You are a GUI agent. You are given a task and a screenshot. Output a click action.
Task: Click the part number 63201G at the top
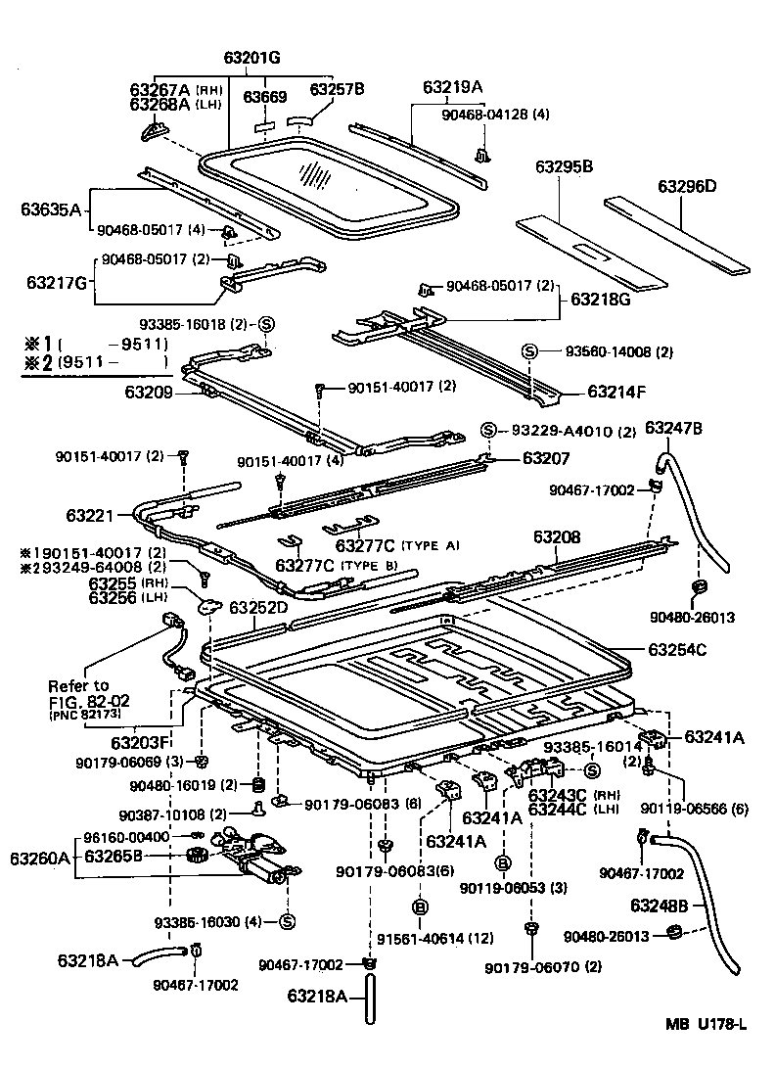pyautogui.click(x=252, y=58)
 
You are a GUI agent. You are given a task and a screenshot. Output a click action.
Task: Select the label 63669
pyautogui.click(x=264, y=97)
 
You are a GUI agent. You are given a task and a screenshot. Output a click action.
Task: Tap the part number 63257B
pyautogui.click(x=337, y=89)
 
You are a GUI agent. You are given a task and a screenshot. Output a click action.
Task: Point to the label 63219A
pyautogui.click(x=453, y=86)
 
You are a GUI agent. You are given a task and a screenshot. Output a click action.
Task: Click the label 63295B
pyautogui.click(x=564, y=166)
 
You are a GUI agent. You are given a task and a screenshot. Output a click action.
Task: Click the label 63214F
pyautogui.click(x=617, y=392)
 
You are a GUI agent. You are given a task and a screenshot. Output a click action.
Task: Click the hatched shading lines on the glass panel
pyautogui.click(x=315, y=174)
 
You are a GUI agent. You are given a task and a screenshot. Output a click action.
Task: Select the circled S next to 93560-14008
pyautogui.click(x=529, y=351)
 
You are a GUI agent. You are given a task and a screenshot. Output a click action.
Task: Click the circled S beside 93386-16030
pyautogui.click(x=288, y=921)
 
